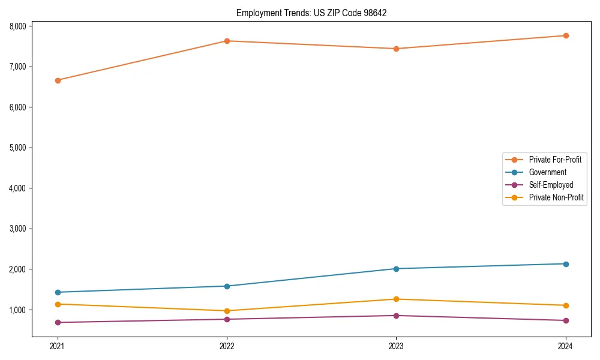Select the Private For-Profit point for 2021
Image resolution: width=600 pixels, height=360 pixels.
coord(58,80)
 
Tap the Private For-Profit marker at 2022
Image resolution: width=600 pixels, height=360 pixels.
coord(227,41)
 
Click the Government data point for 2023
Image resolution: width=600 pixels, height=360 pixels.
coord(396,269)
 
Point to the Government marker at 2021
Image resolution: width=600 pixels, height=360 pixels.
coord(58,292)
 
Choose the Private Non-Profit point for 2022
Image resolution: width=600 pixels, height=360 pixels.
coord(227,311)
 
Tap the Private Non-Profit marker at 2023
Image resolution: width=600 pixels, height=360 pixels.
coord(396,299)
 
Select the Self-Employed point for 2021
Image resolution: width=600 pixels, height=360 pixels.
coord(58,322)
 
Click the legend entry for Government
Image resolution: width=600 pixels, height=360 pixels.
coord(547,172)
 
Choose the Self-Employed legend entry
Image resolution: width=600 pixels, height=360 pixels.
coord(551,185)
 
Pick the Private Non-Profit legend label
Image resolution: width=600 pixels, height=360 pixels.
coord(556,197)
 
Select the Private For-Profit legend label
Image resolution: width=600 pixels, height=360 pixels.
coord(555,160)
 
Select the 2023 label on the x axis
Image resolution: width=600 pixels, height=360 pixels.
coord(396,346)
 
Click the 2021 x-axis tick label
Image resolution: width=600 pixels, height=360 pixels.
coord(58,346)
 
